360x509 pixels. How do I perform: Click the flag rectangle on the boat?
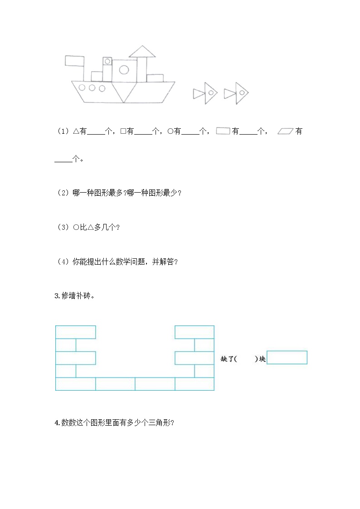75,61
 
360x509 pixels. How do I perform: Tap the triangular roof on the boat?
142,52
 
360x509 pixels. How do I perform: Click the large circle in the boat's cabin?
124,69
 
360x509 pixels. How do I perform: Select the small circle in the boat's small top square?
107,61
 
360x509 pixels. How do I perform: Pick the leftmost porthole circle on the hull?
82,87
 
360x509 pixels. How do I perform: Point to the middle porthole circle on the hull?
92,87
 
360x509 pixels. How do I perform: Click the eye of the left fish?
211,93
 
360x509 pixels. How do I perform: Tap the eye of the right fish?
242,93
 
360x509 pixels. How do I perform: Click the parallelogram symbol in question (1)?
285,131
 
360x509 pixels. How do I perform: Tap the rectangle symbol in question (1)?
223,131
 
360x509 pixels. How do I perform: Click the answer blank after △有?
95,132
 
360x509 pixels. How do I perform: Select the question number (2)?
62,193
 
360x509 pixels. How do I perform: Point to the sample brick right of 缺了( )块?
287,358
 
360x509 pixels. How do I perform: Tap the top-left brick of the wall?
75,332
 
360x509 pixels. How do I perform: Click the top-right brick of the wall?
195,332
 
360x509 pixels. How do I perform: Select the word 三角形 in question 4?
159,423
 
